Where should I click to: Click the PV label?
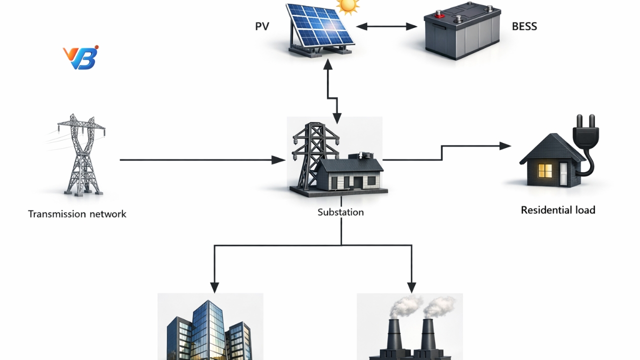tap(262, 26)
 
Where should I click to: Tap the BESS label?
tap(524, 26)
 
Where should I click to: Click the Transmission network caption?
tap(77, 214)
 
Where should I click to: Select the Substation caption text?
tap(340, 212)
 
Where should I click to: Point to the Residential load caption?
tap(558, 210)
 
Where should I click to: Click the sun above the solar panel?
tap(348, 6)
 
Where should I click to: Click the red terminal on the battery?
tap(439, 15)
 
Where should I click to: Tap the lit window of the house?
tap(544, 170)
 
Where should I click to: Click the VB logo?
tap(80, 57)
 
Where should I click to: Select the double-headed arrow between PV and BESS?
tap(386, 26)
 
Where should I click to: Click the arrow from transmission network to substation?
tap(200, 160)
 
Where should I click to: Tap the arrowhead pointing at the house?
tap(506, 146)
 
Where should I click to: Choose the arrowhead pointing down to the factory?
tap(411, 287)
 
